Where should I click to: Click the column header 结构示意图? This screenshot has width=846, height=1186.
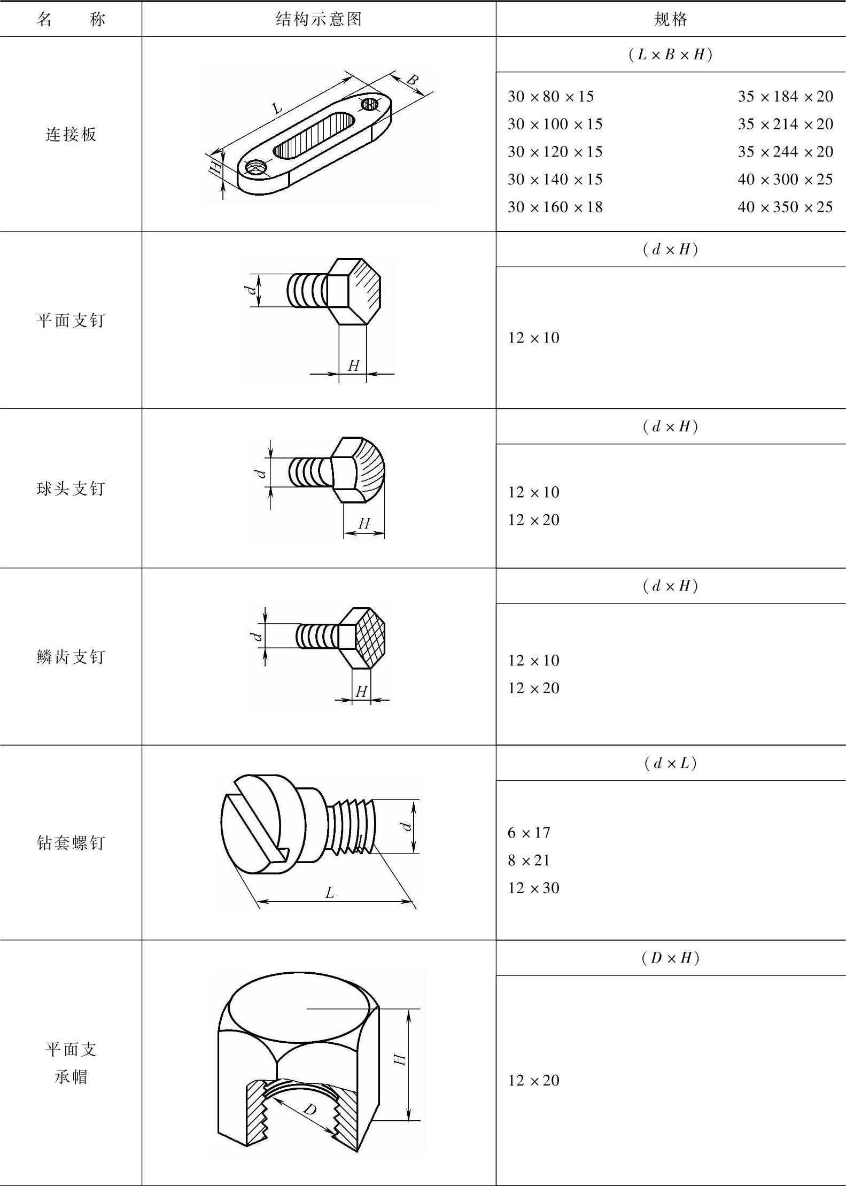coord(319,19)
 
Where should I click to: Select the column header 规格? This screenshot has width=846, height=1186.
coord(671,19)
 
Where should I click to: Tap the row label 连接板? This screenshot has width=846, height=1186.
coord(71,134)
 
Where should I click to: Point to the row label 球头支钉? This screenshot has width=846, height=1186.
coord(71,489)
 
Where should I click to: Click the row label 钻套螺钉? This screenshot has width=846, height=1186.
coord(71,843)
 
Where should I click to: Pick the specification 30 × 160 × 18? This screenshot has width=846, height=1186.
coord(555,207)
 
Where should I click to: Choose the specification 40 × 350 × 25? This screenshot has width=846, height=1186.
coord(785,207)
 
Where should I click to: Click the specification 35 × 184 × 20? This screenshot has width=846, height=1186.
coord(785,96)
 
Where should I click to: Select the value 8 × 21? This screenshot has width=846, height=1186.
coord(529,860)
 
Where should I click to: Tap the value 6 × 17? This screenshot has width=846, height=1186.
coord(529,832)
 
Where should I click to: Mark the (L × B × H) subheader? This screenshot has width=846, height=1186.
coord(671,55)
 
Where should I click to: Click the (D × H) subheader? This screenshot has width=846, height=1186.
coord(671,958)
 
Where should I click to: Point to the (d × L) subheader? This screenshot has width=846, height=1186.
coord(671,763)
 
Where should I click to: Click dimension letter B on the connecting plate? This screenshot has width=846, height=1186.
coord(412,80)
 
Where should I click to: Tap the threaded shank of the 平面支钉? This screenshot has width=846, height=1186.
coord(307,290)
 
